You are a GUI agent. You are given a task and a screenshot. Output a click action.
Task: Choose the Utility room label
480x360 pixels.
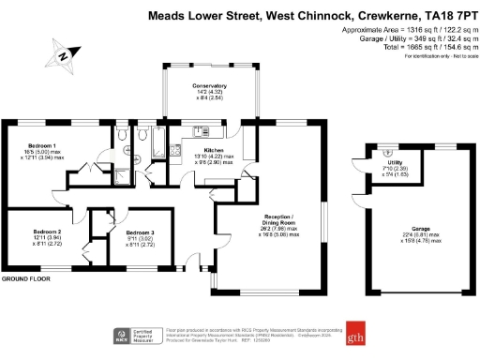point(394,162)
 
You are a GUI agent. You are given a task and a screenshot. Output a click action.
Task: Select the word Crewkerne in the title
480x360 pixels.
point(385,16)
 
